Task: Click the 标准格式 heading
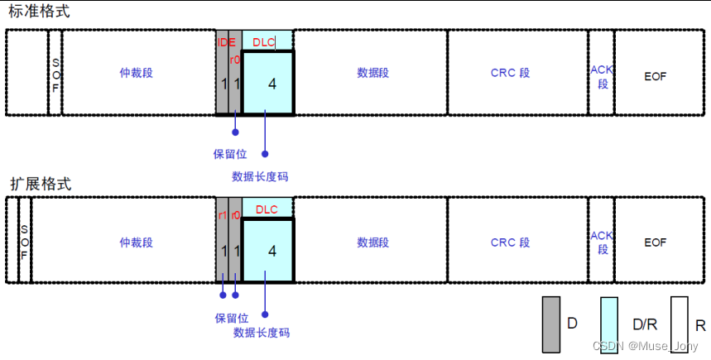click(40, 12)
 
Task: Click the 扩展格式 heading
click(40, 184)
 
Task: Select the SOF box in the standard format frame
click(55, 73)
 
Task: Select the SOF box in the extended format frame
click(24, 242)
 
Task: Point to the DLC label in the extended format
click(267, 209)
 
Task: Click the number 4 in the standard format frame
click(272, 84)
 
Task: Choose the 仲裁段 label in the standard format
click(137, 73)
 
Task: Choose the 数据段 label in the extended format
click(373, 242)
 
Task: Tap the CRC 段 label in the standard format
click(510, 73)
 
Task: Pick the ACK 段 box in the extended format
click(602, 242)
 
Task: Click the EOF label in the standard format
click(655, 76)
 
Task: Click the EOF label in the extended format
click(655, 242)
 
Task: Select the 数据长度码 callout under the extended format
click(262, 333)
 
